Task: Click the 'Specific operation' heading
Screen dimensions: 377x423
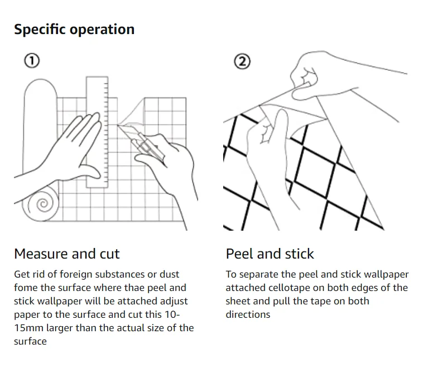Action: click(74, 30)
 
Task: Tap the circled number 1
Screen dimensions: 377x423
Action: click(32, 61)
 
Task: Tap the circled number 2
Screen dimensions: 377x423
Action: click(242, 61)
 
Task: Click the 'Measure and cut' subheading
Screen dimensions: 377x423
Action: click(67, 254)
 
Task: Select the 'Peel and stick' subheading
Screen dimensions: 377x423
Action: click(270, 254)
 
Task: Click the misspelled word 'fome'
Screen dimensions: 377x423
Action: click(26, 288)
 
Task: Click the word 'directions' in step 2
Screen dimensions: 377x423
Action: click(248, 314)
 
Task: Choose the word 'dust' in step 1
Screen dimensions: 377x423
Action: click(169, 274)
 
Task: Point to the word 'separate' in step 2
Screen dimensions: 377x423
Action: click(258, 274)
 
